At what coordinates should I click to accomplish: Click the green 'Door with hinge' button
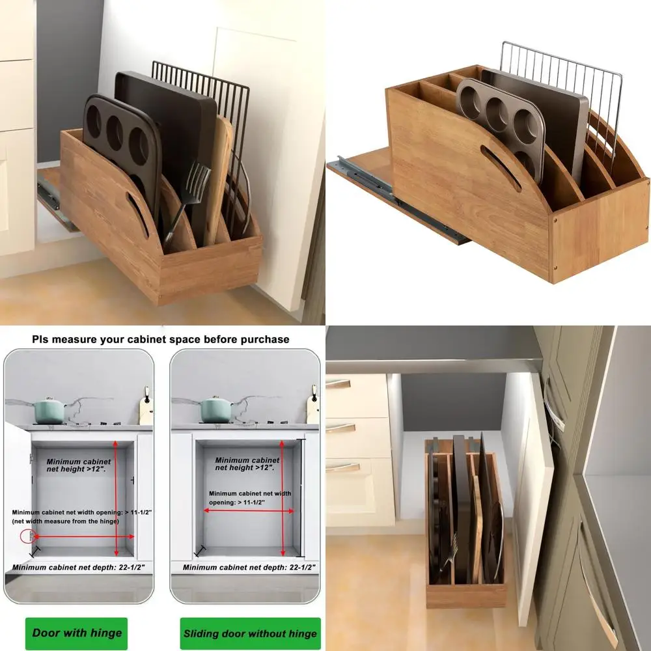tap(77, 633)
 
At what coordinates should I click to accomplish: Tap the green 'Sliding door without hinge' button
tap(250, 633)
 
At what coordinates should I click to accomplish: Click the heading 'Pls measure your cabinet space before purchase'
tap(161, 339)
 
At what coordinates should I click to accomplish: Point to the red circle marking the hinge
tap(27, 536)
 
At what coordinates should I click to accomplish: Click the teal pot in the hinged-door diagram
tap(50, 410)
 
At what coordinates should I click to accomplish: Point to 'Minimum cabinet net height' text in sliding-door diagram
tap(247, 464)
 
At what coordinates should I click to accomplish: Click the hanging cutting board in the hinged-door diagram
tap(146, 408)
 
